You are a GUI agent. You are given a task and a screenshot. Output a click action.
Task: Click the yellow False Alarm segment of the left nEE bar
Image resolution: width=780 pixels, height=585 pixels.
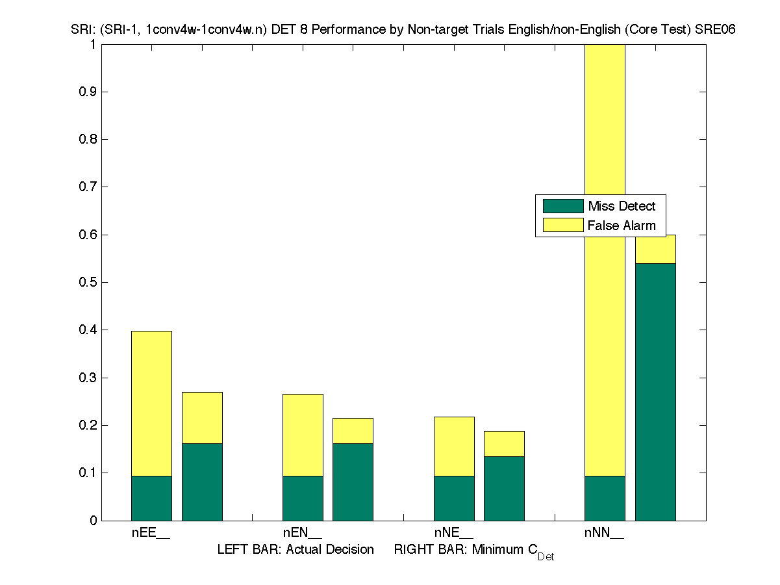(151, 403)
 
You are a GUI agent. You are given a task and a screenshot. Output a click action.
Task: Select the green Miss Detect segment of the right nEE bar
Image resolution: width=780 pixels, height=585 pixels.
(202, 482)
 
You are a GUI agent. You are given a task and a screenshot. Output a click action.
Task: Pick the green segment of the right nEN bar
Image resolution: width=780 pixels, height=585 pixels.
(353, 482)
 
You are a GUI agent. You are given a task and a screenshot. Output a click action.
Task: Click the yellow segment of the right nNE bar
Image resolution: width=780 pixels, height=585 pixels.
(504, 444)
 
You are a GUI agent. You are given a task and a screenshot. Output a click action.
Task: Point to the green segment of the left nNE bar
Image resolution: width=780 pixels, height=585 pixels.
(454, 498)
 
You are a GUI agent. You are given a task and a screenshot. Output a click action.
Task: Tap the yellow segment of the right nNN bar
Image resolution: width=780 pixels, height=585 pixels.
(655, 249)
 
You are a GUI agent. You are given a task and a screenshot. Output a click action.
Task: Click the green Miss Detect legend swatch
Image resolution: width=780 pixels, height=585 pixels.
(563, 206)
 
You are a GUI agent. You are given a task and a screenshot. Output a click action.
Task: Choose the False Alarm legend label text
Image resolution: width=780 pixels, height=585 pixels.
(622, 226)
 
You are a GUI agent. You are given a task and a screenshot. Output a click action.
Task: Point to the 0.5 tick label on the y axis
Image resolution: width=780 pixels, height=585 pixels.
(88, 282)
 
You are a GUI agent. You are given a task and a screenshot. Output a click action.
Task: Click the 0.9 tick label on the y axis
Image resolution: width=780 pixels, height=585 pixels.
(88, 92)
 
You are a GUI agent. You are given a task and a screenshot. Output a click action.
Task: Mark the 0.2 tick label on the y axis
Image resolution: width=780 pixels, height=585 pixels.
(88, 425)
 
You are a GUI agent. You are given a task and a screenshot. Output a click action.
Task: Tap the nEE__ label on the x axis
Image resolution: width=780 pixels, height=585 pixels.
(151, 533)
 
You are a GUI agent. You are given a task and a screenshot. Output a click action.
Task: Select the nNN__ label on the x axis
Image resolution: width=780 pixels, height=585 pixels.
(604, 533)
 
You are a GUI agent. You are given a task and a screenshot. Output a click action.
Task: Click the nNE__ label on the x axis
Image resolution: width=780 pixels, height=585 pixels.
(453, 533)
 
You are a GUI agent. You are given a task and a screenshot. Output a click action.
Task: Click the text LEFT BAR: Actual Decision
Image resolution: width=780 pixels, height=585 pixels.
(296, 549)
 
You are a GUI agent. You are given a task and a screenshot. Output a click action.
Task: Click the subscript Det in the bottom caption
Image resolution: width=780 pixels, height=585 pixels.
(546, 557)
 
